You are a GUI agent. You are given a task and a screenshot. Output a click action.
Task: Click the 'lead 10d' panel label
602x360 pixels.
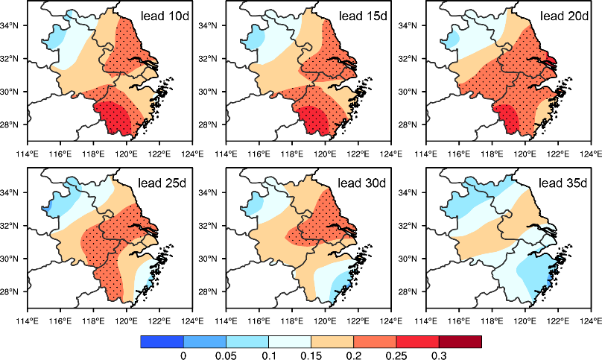click(165, 16)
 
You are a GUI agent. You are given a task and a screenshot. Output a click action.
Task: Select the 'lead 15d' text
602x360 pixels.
click(363, 16)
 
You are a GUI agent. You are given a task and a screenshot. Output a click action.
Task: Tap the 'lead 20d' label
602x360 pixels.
click(563, 16)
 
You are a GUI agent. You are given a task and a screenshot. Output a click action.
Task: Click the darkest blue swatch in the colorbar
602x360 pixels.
click(162, 341)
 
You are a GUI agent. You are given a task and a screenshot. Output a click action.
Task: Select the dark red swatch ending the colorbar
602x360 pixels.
click(460, 341)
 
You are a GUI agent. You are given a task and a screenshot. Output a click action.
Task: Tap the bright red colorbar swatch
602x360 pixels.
click(417, 341)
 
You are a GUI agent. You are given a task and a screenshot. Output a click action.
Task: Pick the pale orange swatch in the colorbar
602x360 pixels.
click(332, 341)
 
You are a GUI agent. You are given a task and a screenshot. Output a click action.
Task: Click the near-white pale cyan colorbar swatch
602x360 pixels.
click(290, 341)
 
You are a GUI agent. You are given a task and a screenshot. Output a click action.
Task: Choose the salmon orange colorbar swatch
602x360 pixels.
click(375, 341)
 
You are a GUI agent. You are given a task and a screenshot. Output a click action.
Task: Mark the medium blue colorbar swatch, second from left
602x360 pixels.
click(205, 341)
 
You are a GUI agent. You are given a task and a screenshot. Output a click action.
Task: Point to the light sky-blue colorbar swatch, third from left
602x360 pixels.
click(247, 341)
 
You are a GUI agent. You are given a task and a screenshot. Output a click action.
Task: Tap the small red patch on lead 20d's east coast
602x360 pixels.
click(550, 61)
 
